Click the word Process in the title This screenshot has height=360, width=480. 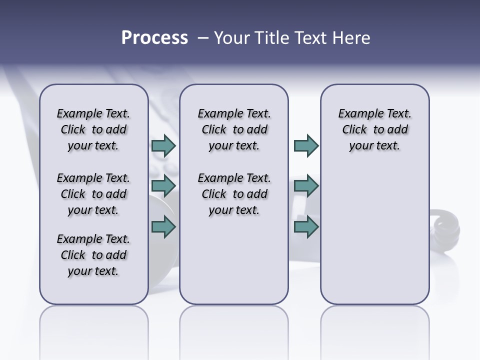[x=154, y=38]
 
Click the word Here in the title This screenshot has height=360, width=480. [x=350, y=38]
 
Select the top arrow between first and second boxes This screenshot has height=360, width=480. [x=163, y=146]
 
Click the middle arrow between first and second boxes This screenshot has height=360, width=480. [x=163, y=186]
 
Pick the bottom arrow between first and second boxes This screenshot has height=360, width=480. [x=163, y=227]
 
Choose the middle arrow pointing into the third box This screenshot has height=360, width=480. [x=306, y=186]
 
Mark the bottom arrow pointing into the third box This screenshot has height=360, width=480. [x=306, y=227]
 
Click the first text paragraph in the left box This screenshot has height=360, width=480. [x=93, y=129]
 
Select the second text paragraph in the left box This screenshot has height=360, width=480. [x=93, y=194]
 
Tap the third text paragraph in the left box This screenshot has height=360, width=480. [x=93, y=255]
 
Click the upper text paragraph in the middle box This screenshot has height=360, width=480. [x=234, y=129]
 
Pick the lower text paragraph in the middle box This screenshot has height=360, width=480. [x=234, y=194]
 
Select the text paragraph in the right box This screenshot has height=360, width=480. [x=374, y=129]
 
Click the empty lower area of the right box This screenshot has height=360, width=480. [x=374, y=240]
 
